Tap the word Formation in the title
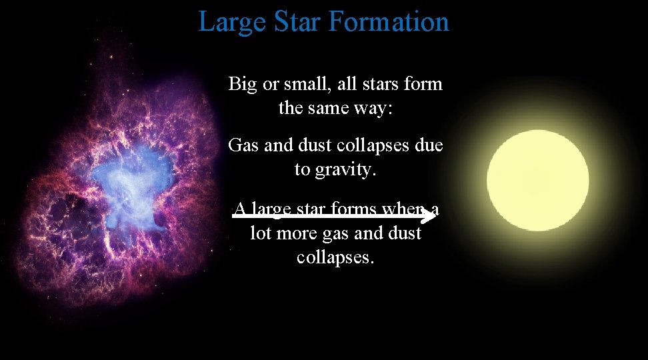coord(389,22)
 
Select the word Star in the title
coord(297,22)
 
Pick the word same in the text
coord(331,107)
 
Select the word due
coord(428,145)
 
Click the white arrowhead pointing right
coord(429,214)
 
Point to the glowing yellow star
coord(537,179)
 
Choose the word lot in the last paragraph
coord(261,233)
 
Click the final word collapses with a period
coord(335,257)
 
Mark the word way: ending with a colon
coord(374,107)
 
